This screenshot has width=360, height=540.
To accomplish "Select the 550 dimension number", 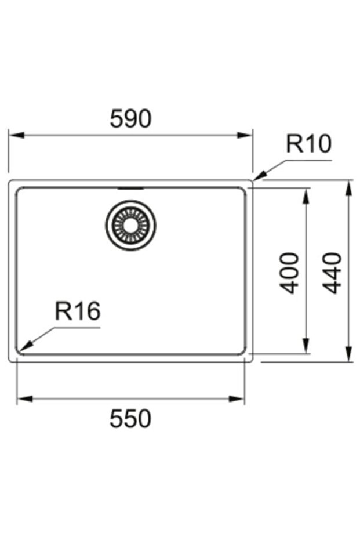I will click(x=130, y=418).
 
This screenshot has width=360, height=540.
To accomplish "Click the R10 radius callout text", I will click(x=308, y=144).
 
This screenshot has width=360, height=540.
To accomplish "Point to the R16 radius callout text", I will click(x=78, y=312).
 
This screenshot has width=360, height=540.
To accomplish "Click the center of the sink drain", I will click(x=130, y=225).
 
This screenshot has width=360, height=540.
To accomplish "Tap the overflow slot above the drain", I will click(x=130, y=189).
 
